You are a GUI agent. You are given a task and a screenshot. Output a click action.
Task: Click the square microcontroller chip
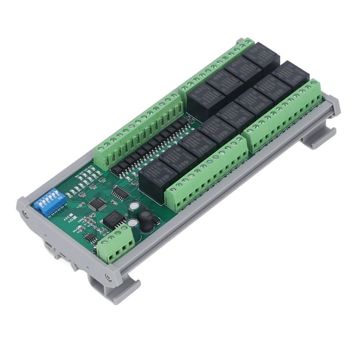tap(98, 204)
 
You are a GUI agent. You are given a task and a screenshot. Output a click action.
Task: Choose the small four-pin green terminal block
tap(114, 242)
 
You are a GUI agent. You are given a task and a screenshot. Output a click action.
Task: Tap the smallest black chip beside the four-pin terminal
tap(89, 238)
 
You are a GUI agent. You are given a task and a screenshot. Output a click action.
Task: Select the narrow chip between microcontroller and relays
tap(120, 192)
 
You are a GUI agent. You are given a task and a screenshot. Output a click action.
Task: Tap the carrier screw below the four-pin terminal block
tap(108, 276)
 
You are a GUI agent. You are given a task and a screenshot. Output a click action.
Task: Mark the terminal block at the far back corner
tap(217, 64)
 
